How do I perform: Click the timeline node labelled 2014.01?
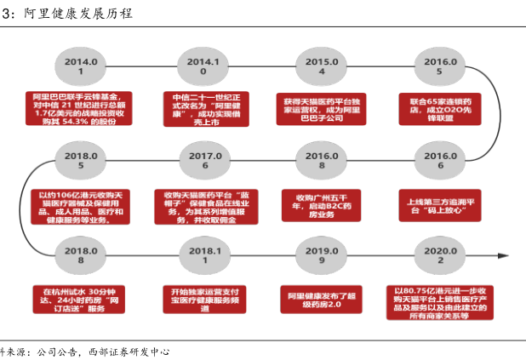coord(83,66)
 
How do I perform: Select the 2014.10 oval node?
coord(203,66)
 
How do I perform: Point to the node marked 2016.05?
coord(439,66)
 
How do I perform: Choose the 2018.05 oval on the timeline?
coord(83,161)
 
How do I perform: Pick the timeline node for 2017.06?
coord(204,161)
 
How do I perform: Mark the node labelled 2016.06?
coord(440,161)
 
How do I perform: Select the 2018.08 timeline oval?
coord(83,256)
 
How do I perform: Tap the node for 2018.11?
coord(204,256)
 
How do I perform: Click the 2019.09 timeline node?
coord(322,256)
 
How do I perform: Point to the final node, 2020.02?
coord(440,256)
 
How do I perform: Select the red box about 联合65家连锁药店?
coord(439,110)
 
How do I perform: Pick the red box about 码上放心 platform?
coord(439,204)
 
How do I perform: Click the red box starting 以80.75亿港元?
coord(439,300)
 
